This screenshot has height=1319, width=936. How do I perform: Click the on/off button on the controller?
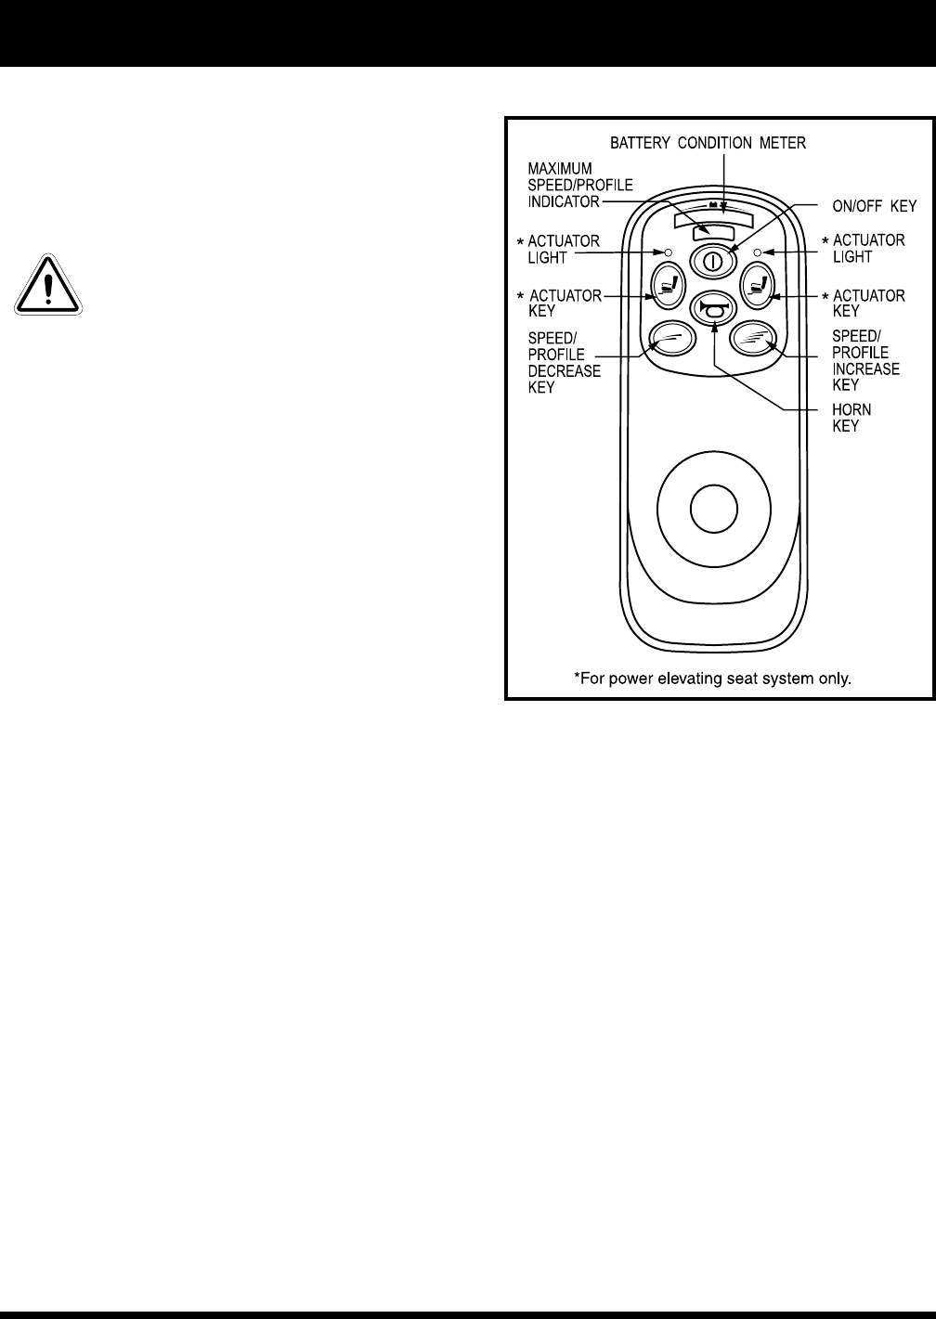click(712, 260)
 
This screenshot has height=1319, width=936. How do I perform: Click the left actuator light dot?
click(668, 252)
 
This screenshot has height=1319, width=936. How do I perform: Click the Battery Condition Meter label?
click(708, 143)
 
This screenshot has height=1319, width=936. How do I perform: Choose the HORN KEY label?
click(851, 418)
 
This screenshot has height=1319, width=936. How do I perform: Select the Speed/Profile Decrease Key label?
click(564, 362)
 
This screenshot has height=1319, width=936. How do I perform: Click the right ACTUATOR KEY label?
click(868, 304)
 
